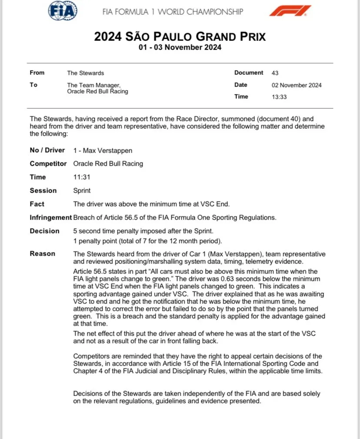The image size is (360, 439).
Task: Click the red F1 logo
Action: pyautogui.click(x=290, y=11)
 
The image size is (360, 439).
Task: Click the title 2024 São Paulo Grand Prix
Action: pyautogui.click(x=180, y=37)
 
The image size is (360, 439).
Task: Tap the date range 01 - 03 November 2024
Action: pyautogui.click(x=180, y=47)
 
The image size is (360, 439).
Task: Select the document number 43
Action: pyautogui.click(x=275, y=73)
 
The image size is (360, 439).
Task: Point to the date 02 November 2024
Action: pyautogui.click(x=297, y=85)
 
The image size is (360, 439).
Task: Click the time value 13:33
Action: pyautogui.click(x=279, y=97)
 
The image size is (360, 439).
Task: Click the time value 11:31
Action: pyautogui.click(x=81, y=177)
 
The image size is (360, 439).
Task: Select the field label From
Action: pyautogui.click(x=37, y=73)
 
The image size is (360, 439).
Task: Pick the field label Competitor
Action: pyautogui.click(x=48, y=164)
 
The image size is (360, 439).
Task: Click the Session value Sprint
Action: pyautogui.click(x=82, y=190)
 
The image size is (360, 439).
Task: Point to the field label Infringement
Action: pyautogui.click(x=50, y=217)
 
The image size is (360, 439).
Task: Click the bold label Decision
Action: pyautogui.click(x=44, y=231)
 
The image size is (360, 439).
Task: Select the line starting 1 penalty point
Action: pyautogui.click(x=144, y=241)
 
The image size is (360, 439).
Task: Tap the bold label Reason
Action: pyautogui.click(x=42, y=254)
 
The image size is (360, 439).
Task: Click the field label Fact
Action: pyautogui.click(x=37, y=204)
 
